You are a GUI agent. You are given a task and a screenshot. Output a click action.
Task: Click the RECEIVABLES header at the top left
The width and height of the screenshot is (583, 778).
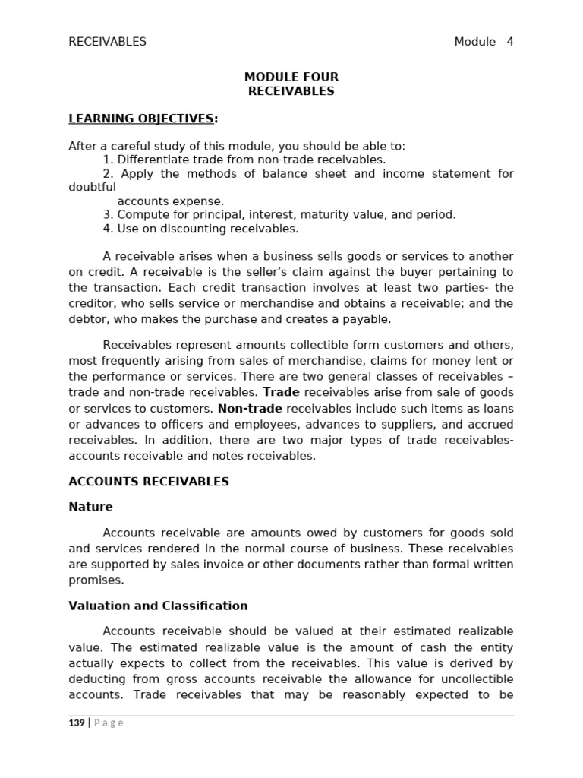tap(107, 42)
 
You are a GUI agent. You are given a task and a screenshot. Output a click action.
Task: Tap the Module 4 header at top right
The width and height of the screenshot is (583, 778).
tap(484, 42)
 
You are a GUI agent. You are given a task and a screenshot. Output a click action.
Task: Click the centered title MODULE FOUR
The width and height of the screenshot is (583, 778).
tap(291, 77)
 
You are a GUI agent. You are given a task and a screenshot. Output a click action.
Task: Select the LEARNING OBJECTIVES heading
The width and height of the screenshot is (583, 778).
tap(142, 119)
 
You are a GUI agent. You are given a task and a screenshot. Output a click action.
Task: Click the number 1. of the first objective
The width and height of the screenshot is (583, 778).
tap(108, 160)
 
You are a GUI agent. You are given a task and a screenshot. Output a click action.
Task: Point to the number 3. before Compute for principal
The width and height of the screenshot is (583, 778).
tap(108, 215)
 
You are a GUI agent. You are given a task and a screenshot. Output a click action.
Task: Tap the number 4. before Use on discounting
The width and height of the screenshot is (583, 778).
tap(108, 229)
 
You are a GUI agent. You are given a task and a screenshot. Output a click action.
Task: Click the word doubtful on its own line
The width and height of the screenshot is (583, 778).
tap(92, 187)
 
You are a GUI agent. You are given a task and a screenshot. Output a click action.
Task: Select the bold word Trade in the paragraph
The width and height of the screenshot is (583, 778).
tap(281, 393)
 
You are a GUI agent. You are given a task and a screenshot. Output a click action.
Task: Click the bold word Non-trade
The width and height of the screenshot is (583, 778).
tap(250, 409)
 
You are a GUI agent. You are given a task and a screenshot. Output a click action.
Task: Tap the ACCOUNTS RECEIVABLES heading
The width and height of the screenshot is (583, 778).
tap(148, 482)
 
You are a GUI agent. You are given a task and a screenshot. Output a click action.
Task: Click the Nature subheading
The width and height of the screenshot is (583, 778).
tap(90, 507)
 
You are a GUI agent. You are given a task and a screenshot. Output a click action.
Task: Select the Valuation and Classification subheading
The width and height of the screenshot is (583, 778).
tap(158, 606)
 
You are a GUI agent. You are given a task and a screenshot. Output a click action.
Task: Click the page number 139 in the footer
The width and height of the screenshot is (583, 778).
tap(77, 723)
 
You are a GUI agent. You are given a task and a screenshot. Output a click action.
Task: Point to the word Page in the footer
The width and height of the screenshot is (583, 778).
tap(109, 723)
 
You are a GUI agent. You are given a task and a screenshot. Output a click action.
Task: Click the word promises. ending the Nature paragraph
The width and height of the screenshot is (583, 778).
tap(96, 580)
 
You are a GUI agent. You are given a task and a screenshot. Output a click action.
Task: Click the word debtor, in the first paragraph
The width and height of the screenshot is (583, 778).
tap(88, 319)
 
